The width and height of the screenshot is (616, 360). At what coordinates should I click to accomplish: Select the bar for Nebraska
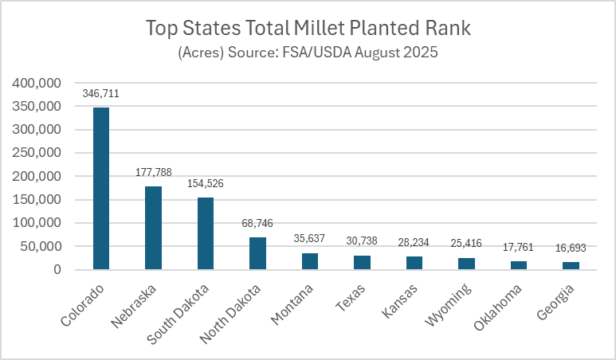point(153,228)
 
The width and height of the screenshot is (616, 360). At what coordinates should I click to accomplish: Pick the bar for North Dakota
point(257,253)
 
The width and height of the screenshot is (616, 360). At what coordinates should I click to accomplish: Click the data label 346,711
point(101,94)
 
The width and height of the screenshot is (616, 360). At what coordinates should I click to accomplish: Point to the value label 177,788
point(153,172)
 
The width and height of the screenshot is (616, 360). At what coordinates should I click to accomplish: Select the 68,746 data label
point(257,223)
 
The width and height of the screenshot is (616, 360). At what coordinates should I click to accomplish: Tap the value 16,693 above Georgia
point(570,248)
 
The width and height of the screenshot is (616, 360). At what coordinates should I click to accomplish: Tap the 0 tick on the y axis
point(57,270)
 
